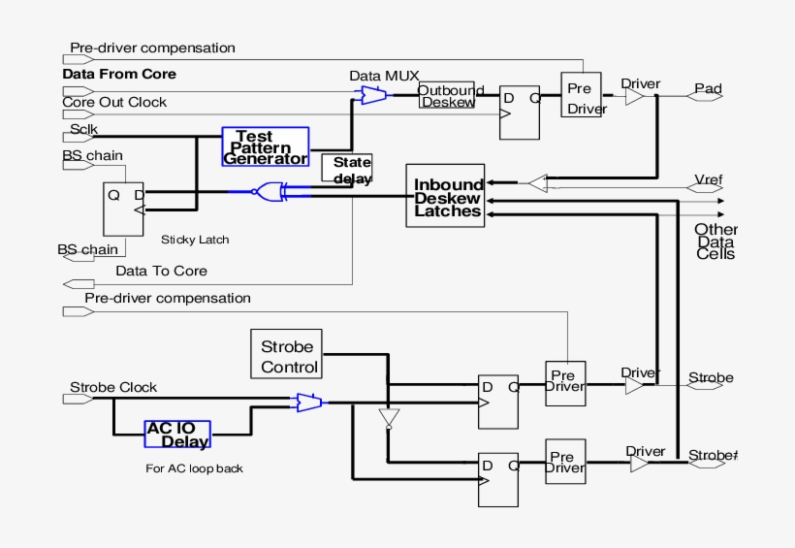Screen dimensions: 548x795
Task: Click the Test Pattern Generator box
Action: [x=265, y=147]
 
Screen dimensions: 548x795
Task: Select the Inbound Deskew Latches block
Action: [x=446, y=197]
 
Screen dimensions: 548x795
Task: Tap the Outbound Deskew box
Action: [x=447, y=95]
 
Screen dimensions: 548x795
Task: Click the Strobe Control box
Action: [x=288, y=355]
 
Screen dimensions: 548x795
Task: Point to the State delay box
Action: [x=346, y=168]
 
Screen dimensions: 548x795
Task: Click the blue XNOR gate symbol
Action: [x=268, y=192]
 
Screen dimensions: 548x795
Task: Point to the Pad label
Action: [x=708, y=89]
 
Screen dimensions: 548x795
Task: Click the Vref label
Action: [x=709, y=179]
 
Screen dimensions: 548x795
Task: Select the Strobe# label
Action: [x=713, y=455]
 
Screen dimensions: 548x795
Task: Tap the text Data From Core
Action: [x=119, y=74]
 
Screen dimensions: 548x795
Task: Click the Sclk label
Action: [x=83, y=129]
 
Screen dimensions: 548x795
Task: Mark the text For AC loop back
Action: [x=194, y=468]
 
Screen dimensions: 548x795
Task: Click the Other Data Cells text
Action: [x=715, y=242]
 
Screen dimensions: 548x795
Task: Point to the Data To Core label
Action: [x=161, y=271]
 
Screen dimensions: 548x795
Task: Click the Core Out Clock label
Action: [x=114, y=102]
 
